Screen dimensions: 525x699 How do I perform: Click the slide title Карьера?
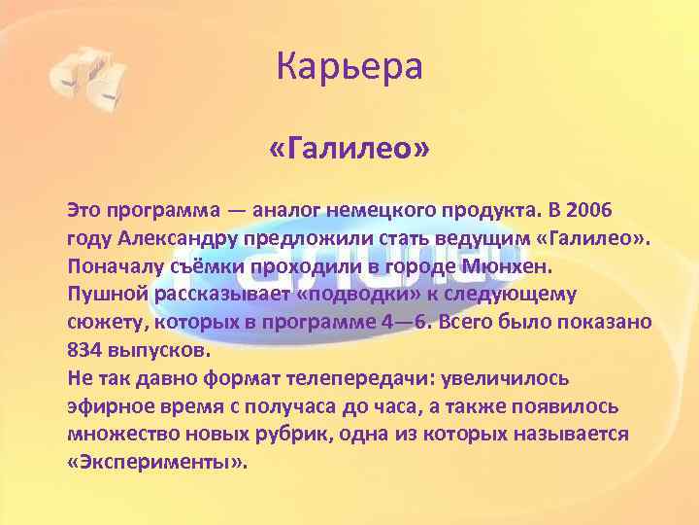pos(349,68)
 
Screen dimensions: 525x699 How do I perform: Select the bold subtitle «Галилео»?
pos(349,151)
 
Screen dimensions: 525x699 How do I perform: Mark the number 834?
pos(85,349)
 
